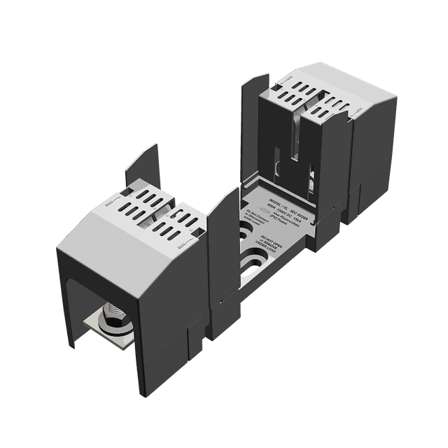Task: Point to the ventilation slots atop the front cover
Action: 150,210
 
